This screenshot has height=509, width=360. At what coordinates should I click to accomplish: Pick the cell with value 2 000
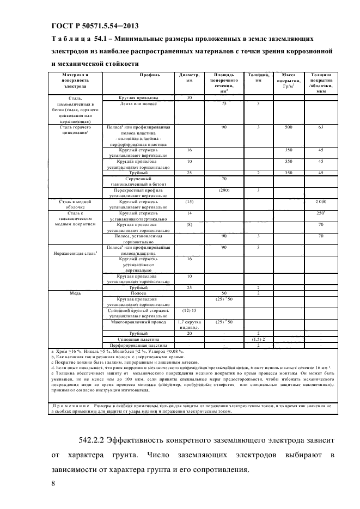[321, 201]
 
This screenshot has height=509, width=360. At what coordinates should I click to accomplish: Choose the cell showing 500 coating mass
[289, 127]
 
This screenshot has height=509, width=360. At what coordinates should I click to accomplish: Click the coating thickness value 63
[321, 127]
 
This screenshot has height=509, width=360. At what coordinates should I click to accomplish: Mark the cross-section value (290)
[223, 190]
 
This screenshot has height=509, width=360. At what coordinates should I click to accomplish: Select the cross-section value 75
[223, 103]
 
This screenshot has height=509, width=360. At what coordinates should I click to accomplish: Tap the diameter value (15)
[189, 201]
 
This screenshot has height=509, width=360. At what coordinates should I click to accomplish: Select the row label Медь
[76, 293]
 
